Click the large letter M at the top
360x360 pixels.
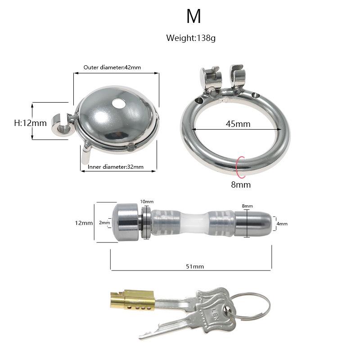pyautogui.click(x=193, y=16)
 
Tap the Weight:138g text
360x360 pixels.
pyautogui.click(x=191, y=38)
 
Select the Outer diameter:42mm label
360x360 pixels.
pyautogui.click(x=112, y=67)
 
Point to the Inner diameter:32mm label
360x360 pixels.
pyautogui.click(x=116, y=166)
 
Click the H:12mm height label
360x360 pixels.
pyautogui.click(x=30, y=123)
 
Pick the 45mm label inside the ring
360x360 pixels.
pyautogui.click(x=238, y=124)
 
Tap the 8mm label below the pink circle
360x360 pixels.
pyautogui.click(x=241, y=184)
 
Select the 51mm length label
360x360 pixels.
pyautogui.click(x=195, y=266)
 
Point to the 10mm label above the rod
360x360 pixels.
pyautogui.click(x=147, y=202)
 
